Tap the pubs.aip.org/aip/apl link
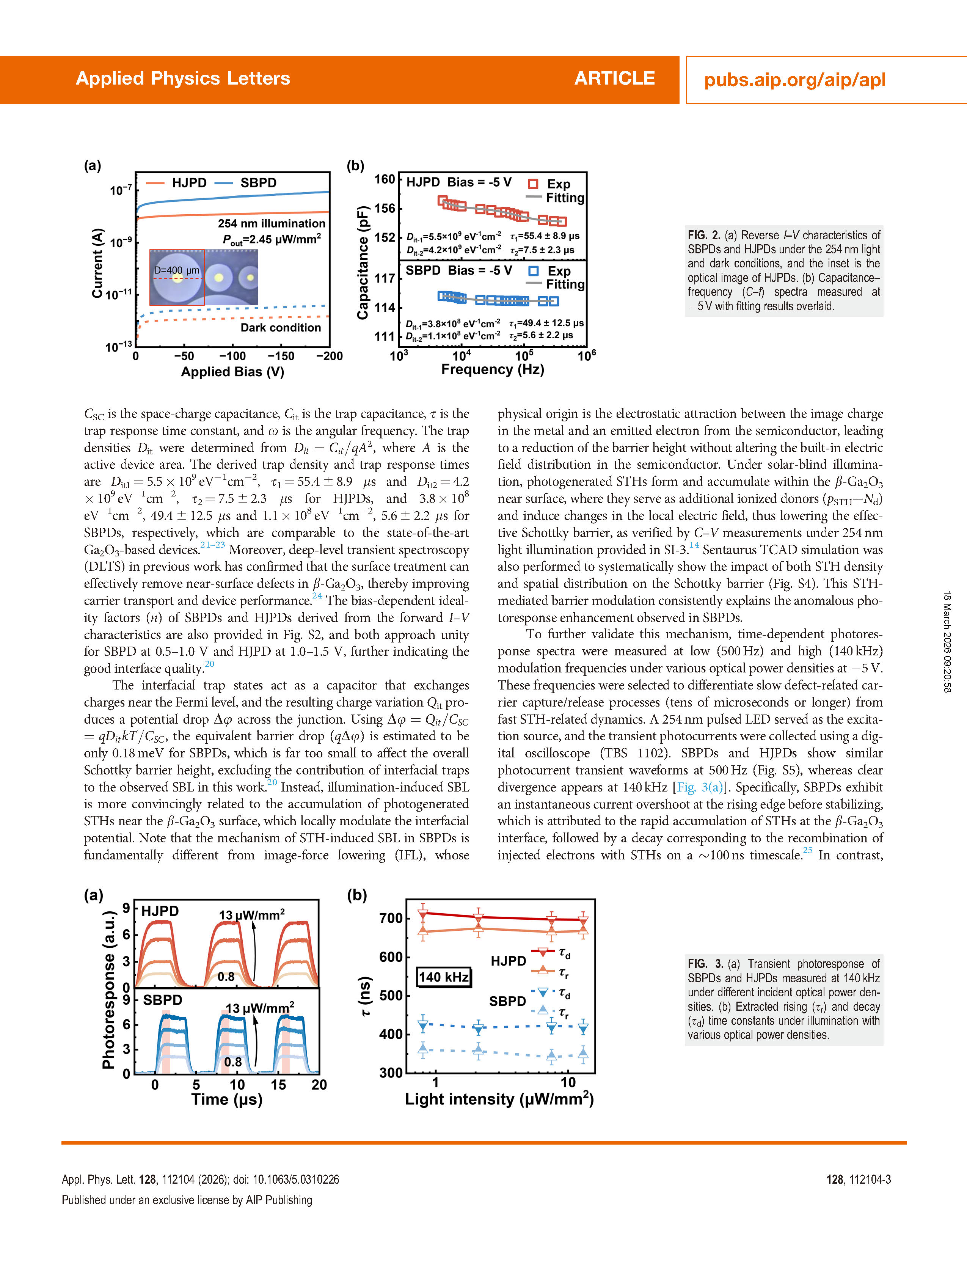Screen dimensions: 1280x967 click(x=794, y=80)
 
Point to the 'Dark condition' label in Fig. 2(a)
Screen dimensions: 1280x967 click(x=281, y=328)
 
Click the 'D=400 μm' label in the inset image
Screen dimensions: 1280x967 click(x=176, y=270)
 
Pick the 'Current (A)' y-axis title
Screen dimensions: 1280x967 click(x=97, y=263)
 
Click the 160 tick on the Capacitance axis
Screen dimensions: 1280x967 click(x=384, y=179)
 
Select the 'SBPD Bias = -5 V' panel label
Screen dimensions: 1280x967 click(x=458, y=271)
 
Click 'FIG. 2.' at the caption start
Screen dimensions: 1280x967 click(x=704, y=236)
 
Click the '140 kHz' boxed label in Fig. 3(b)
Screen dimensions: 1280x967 click(x=444, y=977)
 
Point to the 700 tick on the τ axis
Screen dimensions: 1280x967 click(x=391, y=918)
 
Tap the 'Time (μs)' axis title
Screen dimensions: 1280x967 click(x=227, y=1099)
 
